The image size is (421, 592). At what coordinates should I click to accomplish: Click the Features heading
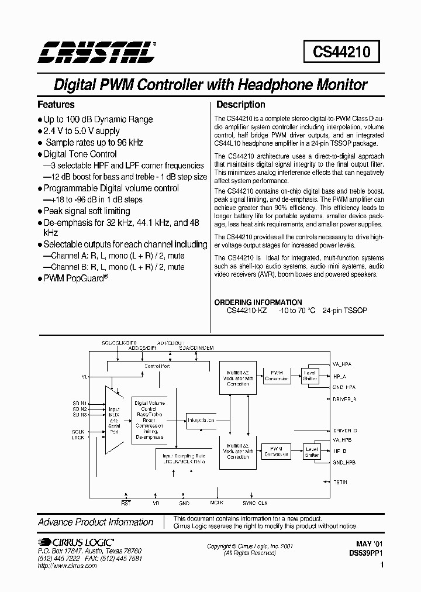point(56,105)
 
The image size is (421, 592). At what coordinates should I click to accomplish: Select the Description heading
point(241,105)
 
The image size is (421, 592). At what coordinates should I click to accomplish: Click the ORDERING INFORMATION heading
point(258,302)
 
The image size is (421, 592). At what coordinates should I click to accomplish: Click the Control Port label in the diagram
point(157,366)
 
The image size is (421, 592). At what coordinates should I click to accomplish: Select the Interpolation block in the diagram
point(201,419)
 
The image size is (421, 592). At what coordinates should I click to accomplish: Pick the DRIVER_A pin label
point(344,398)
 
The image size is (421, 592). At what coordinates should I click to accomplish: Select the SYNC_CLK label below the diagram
point(255,502)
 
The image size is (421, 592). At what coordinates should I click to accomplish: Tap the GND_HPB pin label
point(344,462)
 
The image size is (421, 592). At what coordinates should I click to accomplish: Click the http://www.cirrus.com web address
point(66,566)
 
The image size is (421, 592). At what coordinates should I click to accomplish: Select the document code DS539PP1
point(365,552)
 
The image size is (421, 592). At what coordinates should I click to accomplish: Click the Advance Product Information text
point(95,522)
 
